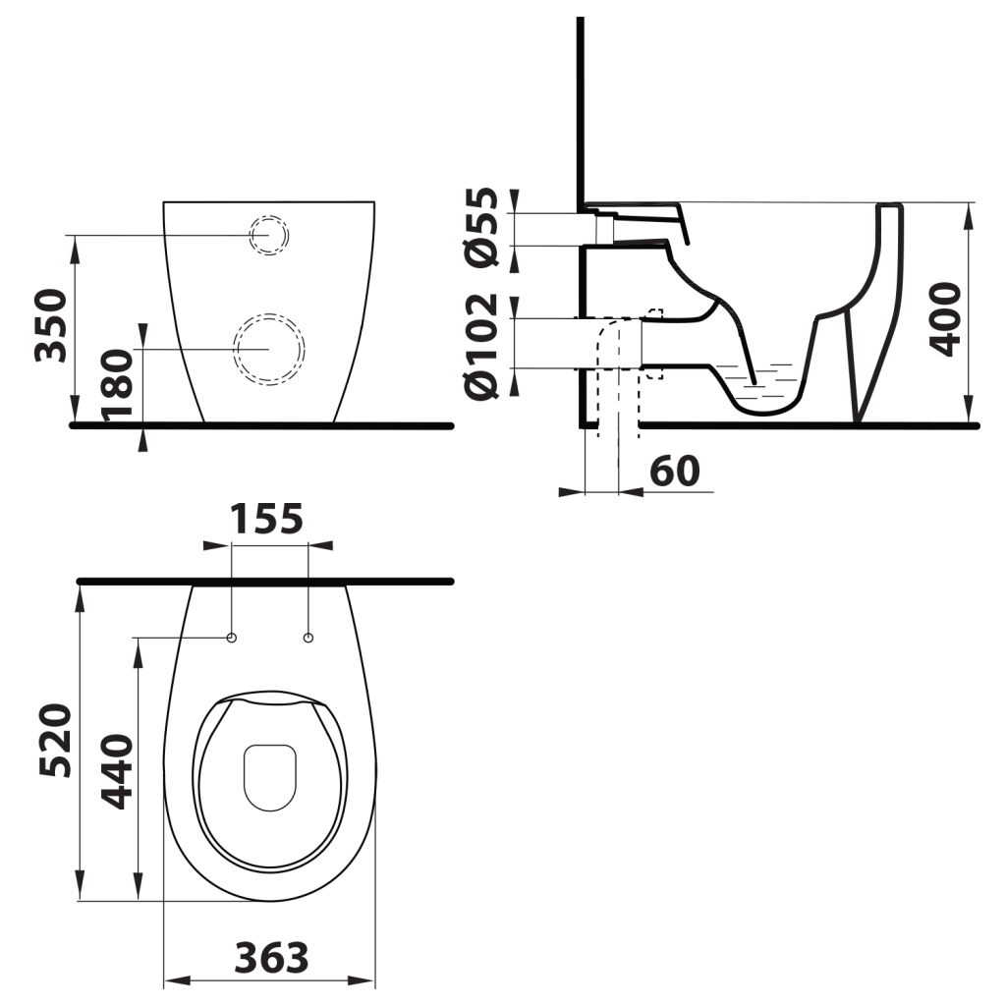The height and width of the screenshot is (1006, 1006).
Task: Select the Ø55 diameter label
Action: [x=483, y=226]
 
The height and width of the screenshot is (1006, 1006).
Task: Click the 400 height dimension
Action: [x=945, y=318]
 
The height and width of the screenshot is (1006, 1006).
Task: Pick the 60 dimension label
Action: [x=674, y=471]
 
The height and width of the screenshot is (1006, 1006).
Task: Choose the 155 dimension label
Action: [x=267, y=518]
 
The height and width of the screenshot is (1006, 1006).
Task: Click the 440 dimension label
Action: [x=118, y=770]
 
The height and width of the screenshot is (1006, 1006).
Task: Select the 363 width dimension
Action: [x=271, y=956]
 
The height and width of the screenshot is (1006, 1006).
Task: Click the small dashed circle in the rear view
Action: [x=268, y=236]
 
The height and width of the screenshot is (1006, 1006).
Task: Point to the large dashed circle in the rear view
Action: [x=268, y=349]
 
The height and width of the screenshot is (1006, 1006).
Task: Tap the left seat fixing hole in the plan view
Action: [x=232, y=639]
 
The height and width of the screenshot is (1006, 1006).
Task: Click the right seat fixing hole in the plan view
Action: [x=308, y=639]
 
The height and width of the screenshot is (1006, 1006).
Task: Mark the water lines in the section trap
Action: [x=756, y=378]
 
